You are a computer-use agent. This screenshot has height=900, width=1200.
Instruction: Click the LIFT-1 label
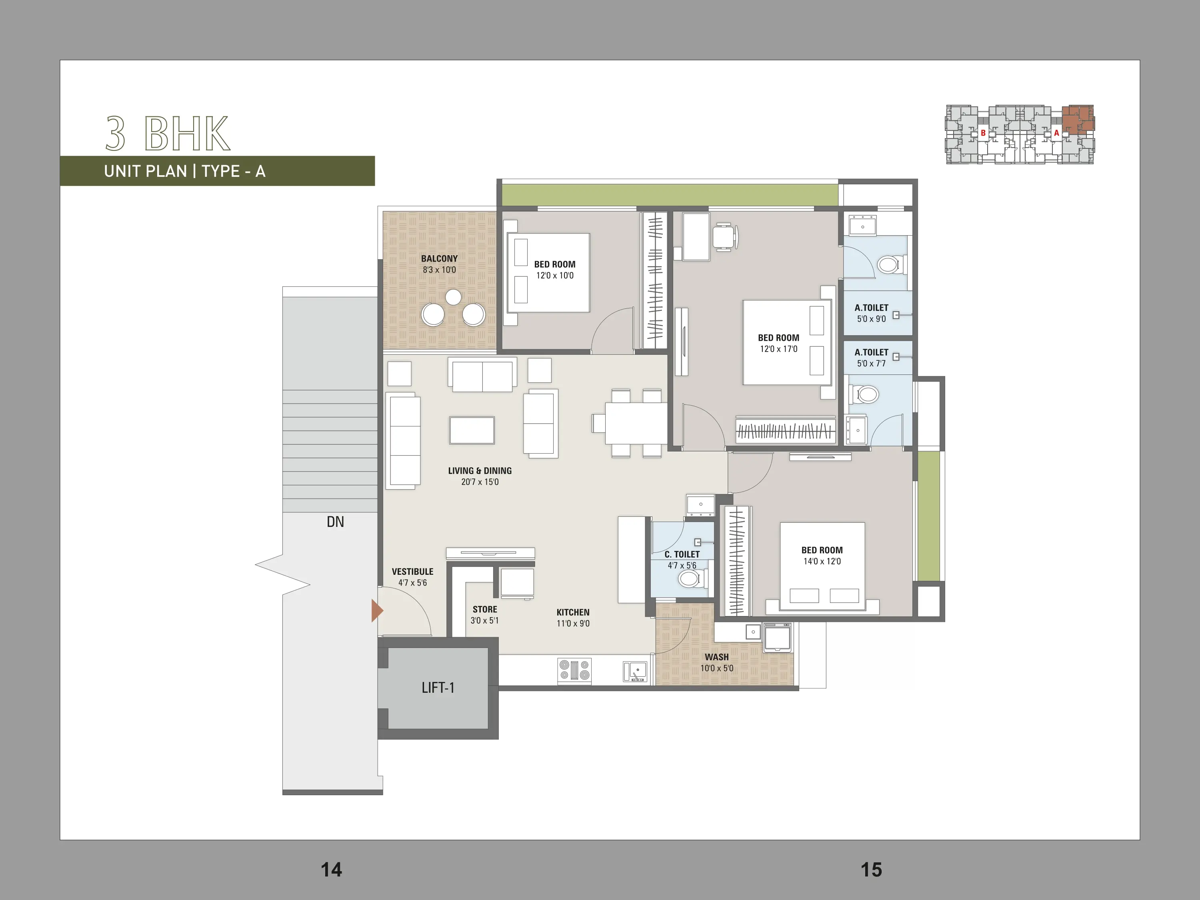pos(438,688)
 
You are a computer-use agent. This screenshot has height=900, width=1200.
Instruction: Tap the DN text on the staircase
pos(335,522)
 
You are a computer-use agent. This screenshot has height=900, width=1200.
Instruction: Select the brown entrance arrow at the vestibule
pos(377,610)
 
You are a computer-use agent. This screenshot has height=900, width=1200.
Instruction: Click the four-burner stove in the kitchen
pos(574,670)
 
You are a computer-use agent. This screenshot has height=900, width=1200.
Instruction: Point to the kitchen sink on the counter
pos(635,671)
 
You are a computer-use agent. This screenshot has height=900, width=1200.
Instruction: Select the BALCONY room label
pos(440,259)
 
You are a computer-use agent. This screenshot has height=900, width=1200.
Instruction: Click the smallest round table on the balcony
pos(454,297)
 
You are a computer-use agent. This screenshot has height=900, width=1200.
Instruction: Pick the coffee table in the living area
pos(472,430)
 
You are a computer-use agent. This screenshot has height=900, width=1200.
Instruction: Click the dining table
pos(636,424)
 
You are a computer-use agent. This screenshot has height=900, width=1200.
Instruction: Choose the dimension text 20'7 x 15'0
pos(480,482)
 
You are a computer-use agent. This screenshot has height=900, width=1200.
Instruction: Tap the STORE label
pos(485,609)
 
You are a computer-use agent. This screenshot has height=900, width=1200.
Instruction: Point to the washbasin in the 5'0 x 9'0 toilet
pos(862,225)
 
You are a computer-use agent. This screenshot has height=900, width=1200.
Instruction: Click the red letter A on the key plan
pos(1056,133)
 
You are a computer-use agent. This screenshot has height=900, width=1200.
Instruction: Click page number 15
pos(871,870)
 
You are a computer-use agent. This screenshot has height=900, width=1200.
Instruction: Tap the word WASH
pos(717,657)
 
